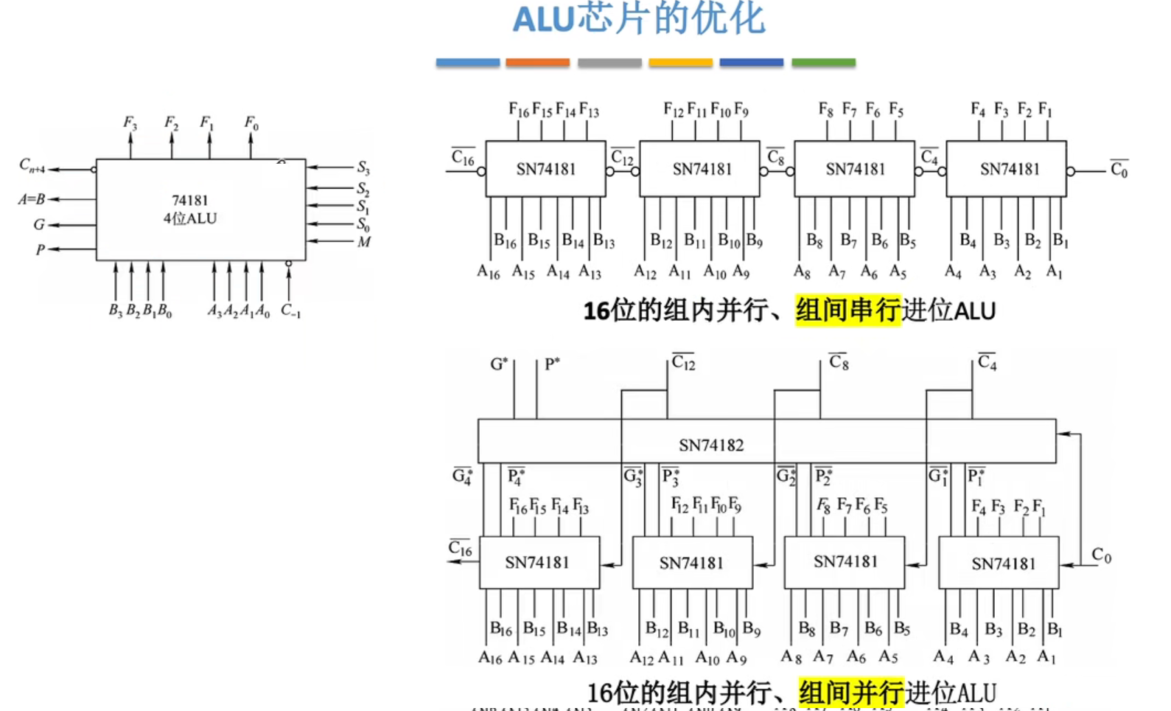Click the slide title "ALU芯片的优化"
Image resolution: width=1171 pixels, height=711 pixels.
tap(639, 19)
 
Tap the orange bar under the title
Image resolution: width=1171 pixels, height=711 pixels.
tap(537, 63)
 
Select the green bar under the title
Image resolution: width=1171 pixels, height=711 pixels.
tap(823, 63)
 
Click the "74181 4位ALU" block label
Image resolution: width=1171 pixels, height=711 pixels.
tap(190, 209)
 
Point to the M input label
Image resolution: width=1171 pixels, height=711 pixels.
tap(364, 242)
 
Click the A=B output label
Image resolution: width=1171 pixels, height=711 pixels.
tap(32, 199)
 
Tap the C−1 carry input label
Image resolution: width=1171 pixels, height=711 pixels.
tap(290, 311)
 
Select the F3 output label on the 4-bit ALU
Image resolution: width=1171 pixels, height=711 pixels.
tap(130, 122)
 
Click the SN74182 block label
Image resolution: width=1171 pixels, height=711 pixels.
tap(711, 445)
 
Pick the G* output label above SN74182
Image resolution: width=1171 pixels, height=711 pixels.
tap(499, 364)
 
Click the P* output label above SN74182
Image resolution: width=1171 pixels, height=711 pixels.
tap(552, 364)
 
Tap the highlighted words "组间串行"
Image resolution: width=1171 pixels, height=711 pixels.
tap(847, 311)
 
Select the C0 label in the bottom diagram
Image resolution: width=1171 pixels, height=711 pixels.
tap(1101, 555)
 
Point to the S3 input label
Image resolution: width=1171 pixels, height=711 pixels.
tap(363, 168)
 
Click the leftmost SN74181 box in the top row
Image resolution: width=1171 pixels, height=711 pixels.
tap(545, 169)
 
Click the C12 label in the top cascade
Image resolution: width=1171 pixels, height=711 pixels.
tap(622, 158)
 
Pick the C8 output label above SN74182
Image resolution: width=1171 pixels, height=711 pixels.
tap(839, 362)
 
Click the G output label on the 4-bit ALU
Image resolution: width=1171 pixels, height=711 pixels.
tap(39, 224)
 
